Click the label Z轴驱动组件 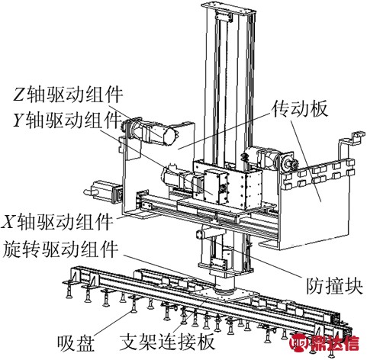click(x=68, y=95)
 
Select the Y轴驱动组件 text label click(x=67, y=120)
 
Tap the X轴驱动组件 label click(x=57, y=222)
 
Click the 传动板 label click(x=300, y=109)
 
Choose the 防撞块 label click(x=334, y=286)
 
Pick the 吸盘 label click(x=76, y=343)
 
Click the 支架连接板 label click(x=167, y=342)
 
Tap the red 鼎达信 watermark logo click(x=325, y=344)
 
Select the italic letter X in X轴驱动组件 click(x=8, y=222)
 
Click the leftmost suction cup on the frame click(x=69, y=288)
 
